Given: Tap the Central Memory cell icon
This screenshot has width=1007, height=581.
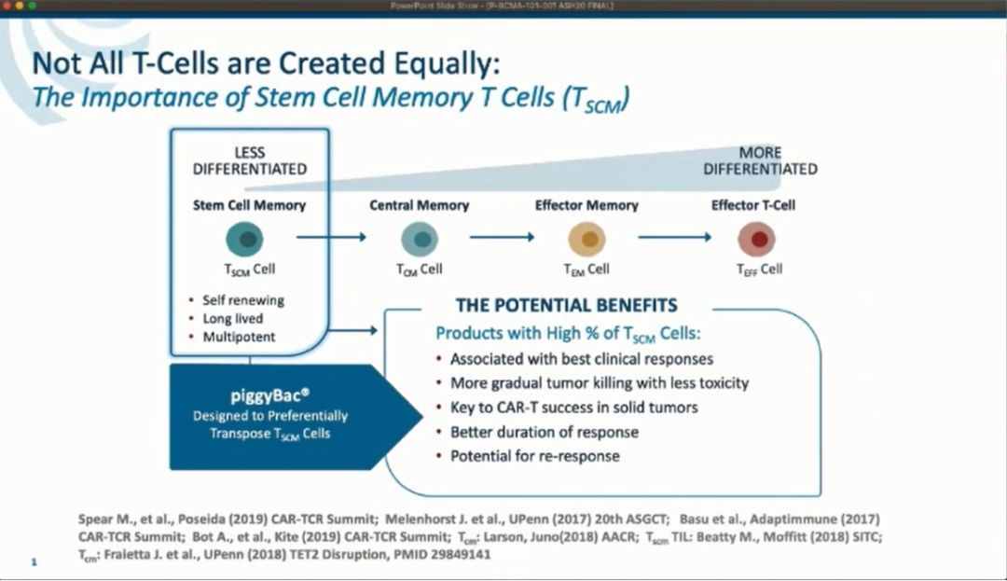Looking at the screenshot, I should point(420,240).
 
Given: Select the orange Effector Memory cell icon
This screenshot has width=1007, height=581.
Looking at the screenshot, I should point(586,240).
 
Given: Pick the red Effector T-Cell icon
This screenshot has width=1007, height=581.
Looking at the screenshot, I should point(756,240).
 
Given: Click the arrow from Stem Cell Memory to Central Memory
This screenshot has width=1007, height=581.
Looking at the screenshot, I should point(331,237).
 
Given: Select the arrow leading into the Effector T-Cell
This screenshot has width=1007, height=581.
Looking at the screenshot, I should point(675,237).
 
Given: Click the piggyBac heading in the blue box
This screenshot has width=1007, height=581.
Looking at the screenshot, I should point(270,395).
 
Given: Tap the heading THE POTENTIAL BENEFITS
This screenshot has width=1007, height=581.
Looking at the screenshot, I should point(566,306).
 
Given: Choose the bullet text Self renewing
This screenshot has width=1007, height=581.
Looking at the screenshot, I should point(243,301).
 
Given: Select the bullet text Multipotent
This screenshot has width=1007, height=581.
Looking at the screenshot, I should point(240,337).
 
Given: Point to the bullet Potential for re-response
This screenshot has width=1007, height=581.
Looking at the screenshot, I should point(535,456).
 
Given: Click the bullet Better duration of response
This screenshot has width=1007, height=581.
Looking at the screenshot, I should point(545,432).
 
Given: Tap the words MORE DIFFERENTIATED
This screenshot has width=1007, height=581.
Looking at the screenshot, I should point(760,161).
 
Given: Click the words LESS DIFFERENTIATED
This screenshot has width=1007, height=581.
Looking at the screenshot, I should point(249,161).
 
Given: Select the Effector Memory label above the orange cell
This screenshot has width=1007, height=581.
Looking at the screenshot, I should point(586,205).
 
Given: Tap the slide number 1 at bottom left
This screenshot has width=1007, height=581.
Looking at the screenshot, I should point(34,562).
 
